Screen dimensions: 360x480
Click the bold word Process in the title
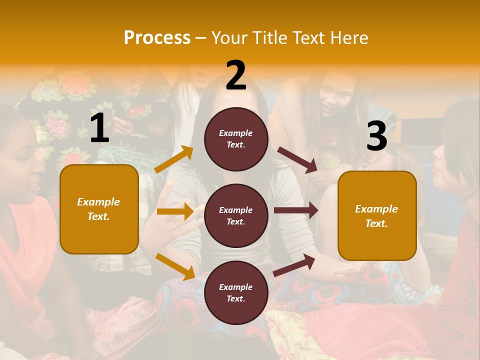click(157, 38)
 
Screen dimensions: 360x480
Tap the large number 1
click(99, 128)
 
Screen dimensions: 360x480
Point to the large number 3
click(376, 136)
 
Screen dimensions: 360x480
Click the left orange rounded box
click(99, 209)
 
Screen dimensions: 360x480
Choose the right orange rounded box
click(377, 216)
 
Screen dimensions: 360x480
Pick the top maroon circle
click(236, 139)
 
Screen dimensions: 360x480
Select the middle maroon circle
click(236, 215)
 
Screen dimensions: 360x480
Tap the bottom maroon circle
click(236, 292)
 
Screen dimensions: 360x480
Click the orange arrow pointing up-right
click(173, 159)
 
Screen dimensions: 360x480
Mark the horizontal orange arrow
click(175, 211)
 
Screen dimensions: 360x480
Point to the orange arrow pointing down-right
click(175, 266)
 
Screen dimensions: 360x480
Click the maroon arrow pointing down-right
click(297, 160)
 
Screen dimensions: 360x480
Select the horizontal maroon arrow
click(296, 210)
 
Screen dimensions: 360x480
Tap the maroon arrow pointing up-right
click(294, 265)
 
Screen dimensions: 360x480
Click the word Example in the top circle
click(236, 133)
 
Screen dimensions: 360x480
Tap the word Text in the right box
click(376, 223)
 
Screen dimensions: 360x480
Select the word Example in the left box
click(98, 202)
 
